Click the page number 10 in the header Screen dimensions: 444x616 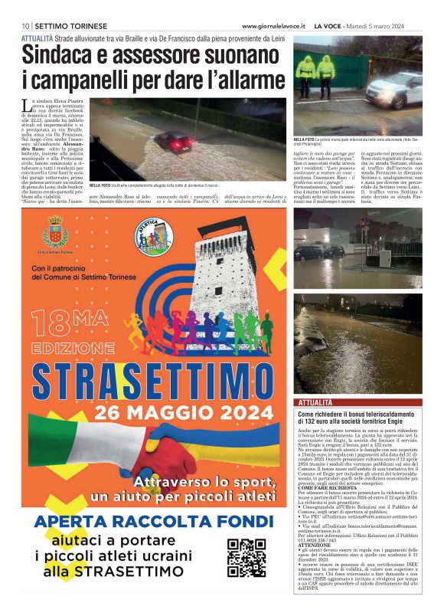pyautogui.click(x=25, y=26)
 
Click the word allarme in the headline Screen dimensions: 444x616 pyautogui.click(x=245, y=77)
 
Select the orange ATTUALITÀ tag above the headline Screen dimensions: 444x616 pyautogui.click(x=38, y=37)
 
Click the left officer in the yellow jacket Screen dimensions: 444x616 pyautogui.click(x=307, y=72)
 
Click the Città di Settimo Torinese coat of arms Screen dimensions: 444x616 pyautogui.click(x=55, y=231)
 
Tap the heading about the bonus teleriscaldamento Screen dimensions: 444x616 pyautogui.click(x=360, y=418)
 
